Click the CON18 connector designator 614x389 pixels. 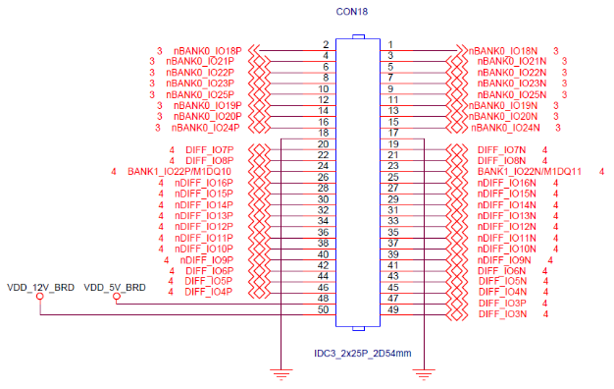(352, 12)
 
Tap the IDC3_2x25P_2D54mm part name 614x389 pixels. (363, 354)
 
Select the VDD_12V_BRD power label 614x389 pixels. (41, 288)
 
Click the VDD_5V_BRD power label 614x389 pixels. (115, 288)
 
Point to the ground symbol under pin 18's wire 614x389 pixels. (281, 374)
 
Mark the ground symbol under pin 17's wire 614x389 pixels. (424, 374)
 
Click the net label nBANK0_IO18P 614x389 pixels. (208, 51)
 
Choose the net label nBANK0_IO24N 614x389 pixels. (505, 128)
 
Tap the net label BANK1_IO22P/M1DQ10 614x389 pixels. (179, 172)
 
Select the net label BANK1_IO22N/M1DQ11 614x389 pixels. (530, 172)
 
